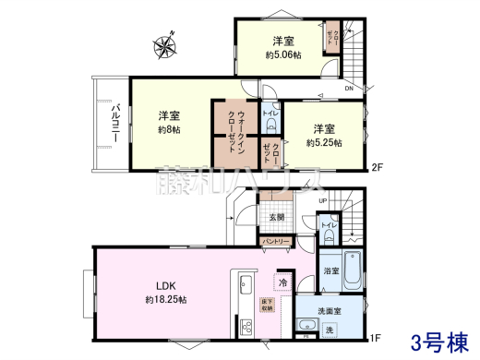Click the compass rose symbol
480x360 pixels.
(x=165, y=44)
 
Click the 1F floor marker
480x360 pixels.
(x=377, y=338)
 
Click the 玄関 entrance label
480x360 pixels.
(x=276, y=217)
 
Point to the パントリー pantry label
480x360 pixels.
(x=276, y=241)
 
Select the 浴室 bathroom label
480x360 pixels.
(x=331, y=271)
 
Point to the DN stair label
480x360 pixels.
(x=348, y=89)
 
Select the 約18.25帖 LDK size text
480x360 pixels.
(x=165, y=300)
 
